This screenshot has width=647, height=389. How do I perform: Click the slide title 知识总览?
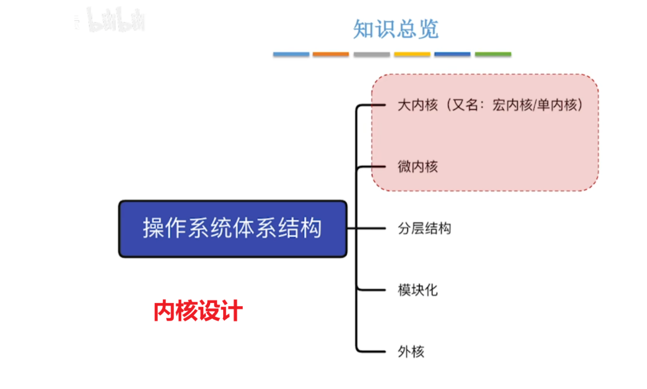point(396,28)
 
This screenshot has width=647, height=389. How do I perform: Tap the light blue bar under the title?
point(291,55)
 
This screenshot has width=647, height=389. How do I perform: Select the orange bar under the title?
point(331,55)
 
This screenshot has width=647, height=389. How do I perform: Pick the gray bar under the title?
point(371,55)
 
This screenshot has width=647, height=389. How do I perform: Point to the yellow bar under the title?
point(412,55)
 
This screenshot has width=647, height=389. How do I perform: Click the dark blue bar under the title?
point(452,55)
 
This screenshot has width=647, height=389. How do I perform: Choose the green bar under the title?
point(493,55)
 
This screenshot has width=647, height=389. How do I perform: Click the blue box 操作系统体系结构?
point(232,229)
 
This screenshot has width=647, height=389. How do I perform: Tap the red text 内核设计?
point(198,311)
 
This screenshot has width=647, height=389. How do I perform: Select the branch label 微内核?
point(418,167)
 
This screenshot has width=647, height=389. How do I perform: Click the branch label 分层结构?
point(425,229)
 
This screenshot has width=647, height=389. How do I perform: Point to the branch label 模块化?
point(418,290)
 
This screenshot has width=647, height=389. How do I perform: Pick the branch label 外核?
point(411,352)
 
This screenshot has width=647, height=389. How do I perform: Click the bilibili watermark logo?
point(116,20)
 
